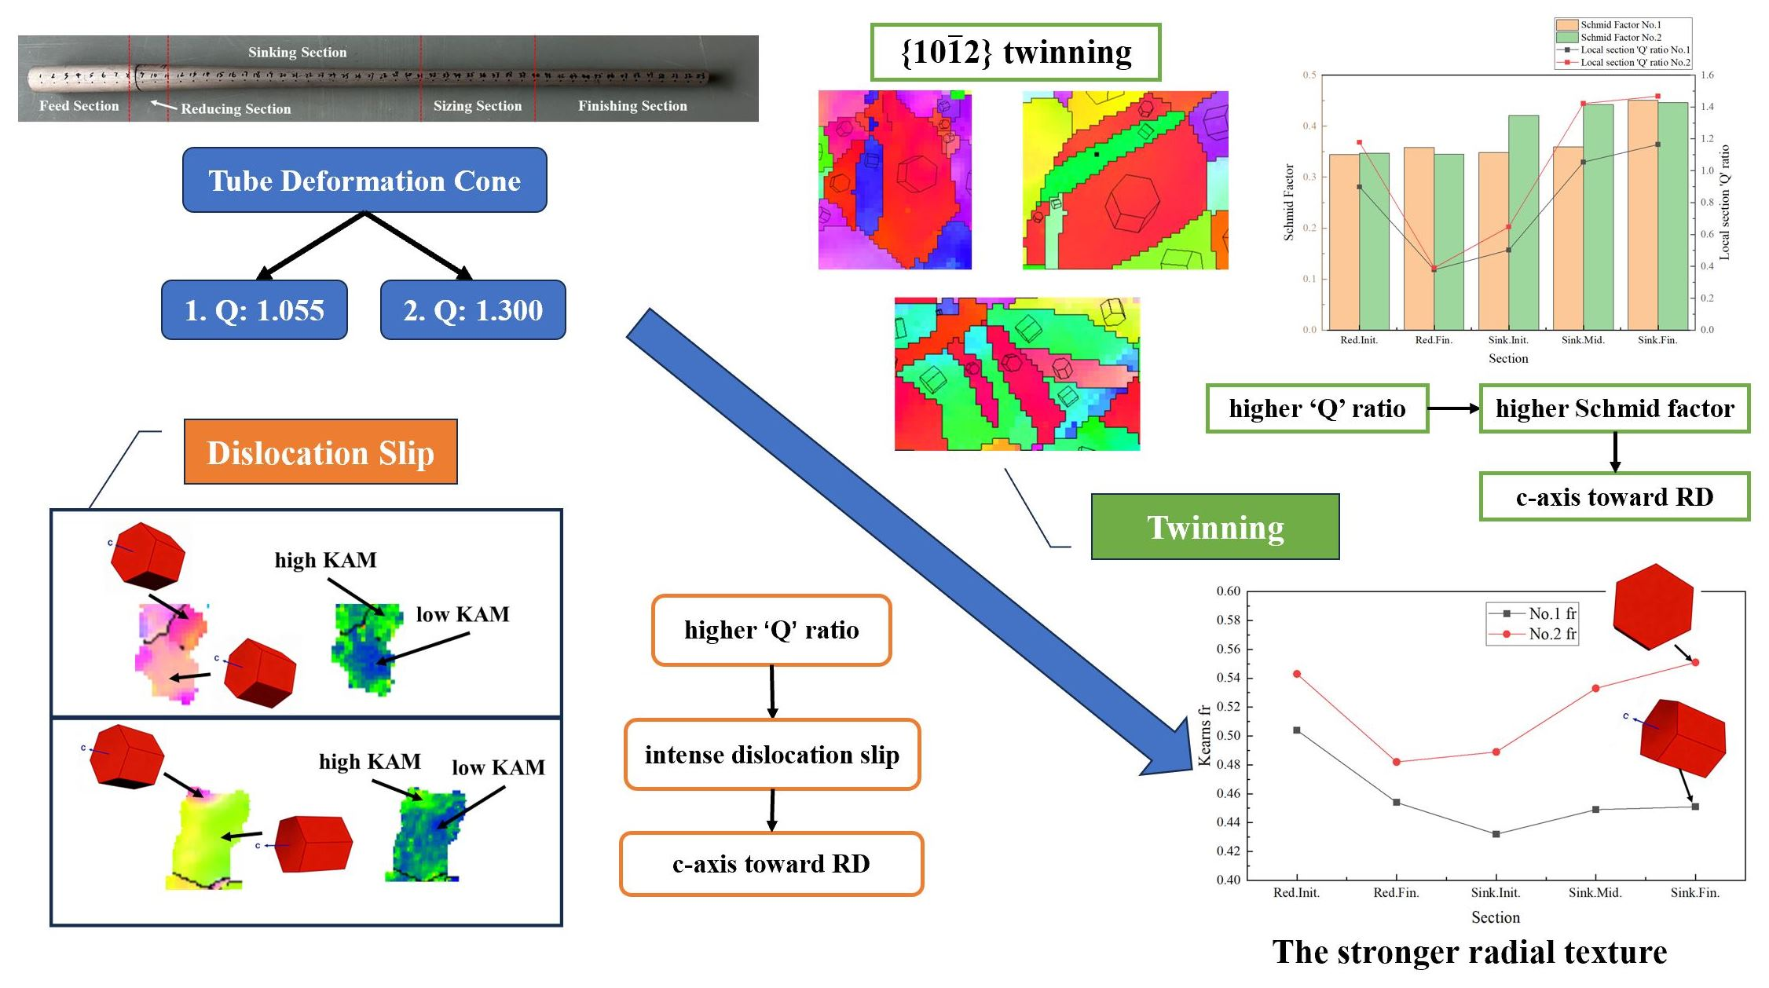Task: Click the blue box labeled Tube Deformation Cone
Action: point(364,180)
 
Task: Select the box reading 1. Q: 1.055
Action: point(254,310)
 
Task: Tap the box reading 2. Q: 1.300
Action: point(473,310)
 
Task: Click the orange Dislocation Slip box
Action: point(320,452)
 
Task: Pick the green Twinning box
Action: point(1214,527)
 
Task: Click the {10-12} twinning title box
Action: point(1015,52)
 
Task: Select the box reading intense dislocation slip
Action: point(771,755)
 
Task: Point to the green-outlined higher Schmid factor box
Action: point(1614,408)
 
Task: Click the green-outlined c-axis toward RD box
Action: point(1614,496)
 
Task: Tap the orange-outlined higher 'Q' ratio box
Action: point(771,630)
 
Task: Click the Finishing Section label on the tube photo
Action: point(632,106)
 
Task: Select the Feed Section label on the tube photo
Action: point(79,106)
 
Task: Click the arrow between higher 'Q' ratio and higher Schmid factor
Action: point(1453,408)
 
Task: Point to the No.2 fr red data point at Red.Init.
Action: point(1297,674)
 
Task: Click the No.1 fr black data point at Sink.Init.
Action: point(1496,834)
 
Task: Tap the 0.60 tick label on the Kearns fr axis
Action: point(1228,591)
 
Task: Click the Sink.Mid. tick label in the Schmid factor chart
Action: point(1583,340)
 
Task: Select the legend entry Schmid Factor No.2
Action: point(1620,37)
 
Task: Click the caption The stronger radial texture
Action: point(1469,952)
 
